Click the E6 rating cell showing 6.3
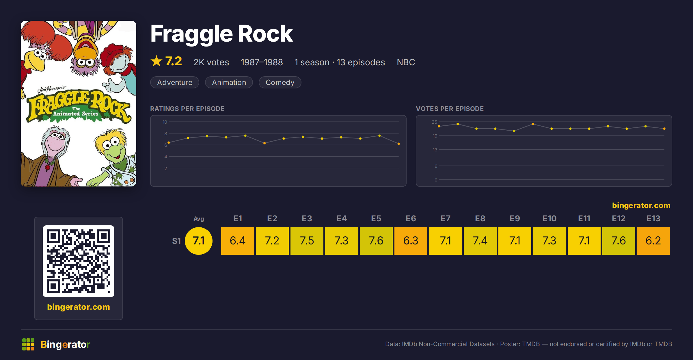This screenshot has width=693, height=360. [411, 241]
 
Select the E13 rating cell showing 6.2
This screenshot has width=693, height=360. [653, 241]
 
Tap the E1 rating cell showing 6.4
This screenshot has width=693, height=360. [237, 241]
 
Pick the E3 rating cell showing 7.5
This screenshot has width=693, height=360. [307, 241]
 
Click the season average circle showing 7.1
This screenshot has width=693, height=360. [199, 241]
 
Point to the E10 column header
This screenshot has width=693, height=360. [549, 218]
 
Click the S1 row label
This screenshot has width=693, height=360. [176, 241]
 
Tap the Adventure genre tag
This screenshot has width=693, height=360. [175, 82]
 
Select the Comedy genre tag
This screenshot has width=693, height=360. [280, 82]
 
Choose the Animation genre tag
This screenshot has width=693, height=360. [229, 82]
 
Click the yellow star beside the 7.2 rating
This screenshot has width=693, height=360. [157, 61]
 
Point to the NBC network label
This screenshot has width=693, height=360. [406, 62]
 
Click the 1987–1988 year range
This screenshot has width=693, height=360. [262, 62]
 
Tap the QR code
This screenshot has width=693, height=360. [79, 261]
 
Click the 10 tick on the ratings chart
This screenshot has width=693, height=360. [165, 122]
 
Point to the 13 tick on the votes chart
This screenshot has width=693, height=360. [435, 150]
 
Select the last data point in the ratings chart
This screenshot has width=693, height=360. [398, 144]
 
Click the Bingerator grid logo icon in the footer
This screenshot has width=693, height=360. [28, 344]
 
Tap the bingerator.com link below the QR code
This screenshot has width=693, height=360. [79, 307]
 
